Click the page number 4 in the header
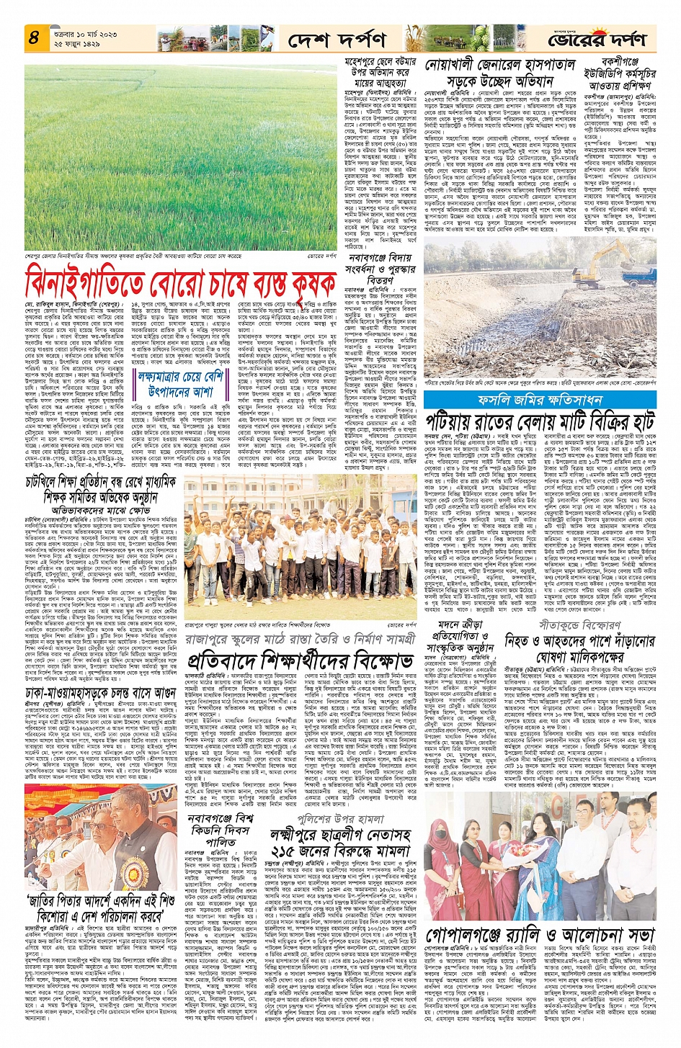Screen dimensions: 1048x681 pyautogui.click(x=34, y=37)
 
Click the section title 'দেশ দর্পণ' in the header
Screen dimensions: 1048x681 pyautogui.click(x=336, y=40)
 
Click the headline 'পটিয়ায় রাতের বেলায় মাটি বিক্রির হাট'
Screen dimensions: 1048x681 pyautogui.click(x=539, y=421)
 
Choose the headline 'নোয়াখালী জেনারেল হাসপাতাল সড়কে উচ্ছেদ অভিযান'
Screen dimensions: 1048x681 pyautogui.click(x=499, y=72)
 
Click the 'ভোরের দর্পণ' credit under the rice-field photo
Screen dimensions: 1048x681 pyautogui.click(x=321, y=255)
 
